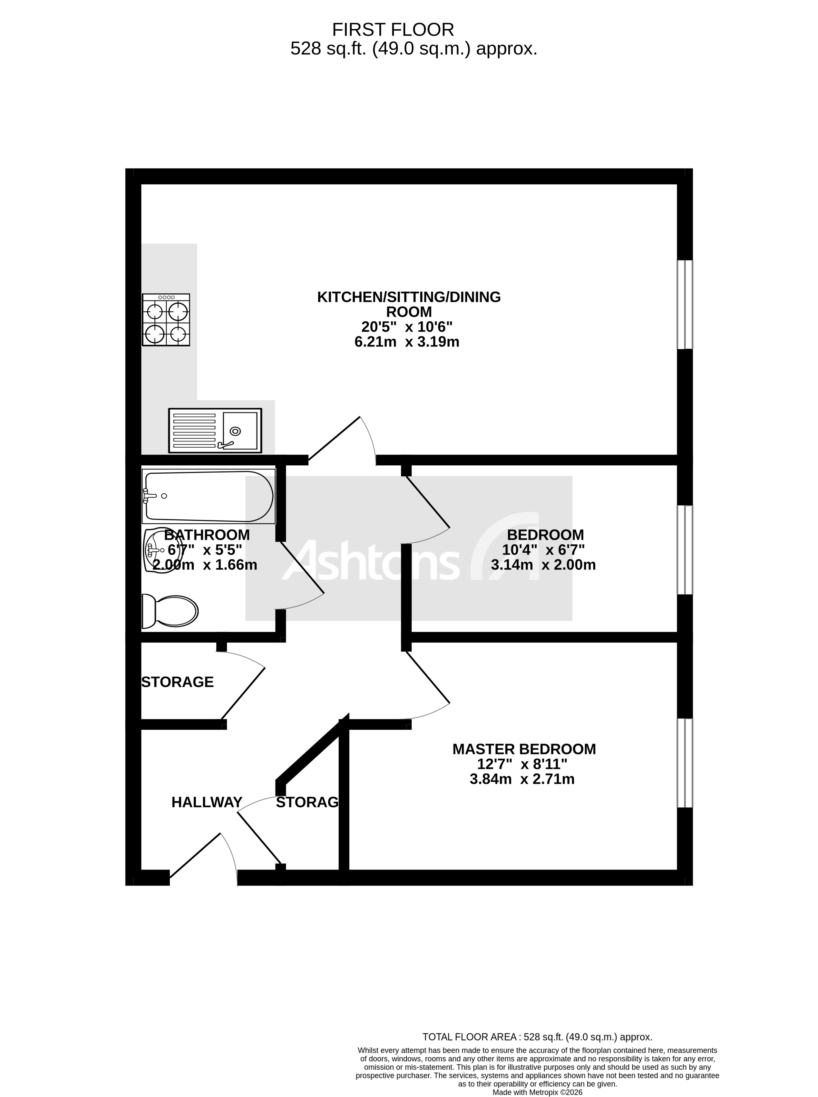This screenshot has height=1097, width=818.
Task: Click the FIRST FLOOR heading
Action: [x=393, y=30]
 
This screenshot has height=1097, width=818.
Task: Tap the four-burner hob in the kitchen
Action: [x=166, y=320]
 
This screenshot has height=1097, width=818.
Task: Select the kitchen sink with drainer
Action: [x=215, y=430]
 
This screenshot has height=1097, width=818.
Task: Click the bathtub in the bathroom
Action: [x=208, y=496]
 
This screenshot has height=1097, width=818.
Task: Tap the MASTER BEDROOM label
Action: [x=524, y=749]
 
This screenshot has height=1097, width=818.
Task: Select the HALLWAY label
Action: [x=207, y=802]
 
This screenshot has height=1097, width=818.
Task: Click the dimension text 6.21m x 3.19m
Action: [x=406, y=342]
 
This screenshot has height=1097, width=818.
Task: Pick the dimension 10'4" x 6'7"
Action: [x=543, y=549]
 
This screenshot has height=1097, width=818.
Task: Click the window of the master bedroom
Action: [x=685, y=763]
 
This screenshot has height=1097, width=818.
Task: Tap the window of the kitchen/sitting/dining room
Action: [x=685, y=305]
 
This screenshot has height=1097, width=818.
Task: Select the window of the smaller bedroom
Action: [x=685, y=549]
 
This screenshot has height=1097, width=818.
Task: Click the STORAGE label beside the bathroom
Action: [x=177, y=682]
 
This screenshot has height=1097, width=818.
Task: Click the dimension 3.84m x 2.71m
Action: [x=522, y=779]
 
